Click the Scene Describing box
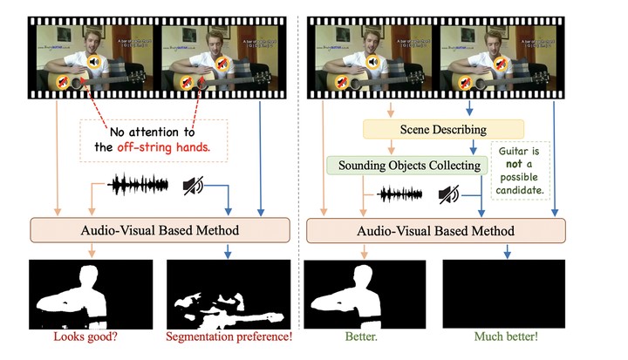point(420,130)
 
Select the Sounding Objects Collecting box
point(404,164)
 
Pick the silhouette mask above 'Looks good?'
point(91,293)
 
